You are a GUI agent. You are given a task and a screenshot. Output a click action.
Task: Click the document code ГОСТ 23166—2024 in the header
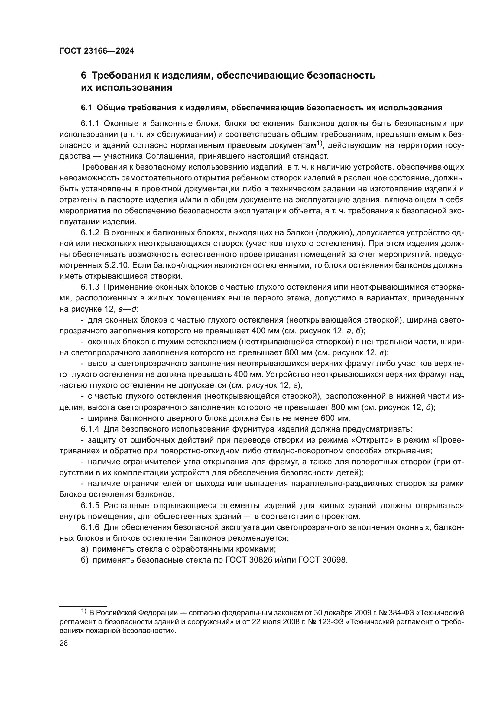point(97,51)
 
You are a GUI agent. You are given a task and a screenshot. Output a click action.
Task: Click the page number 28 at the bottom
point(64,643)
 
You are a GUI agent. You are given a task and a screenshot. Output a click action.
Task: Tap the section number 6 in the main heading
point(83,76)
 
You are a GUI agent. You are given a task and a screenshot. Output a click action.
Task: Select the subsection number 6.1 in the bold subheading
point(86,108)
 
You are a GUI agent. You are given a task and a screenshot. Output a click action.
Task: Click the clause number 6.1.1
point(90,124)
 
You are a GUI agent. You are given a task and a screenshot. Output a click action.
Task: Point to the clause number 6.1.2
point(90,233)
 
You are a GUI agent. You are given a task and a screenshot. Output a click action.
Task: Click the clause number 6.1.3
point(90,287)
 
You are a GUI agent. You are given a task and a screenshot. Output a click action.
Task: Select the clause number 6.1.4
point(90,429)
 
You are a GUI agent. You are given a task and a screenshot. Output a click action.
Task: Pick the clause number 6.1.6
point(90,527)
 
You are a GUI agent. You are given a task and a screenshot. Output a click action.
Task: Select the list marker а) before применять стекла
point(85,549)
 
